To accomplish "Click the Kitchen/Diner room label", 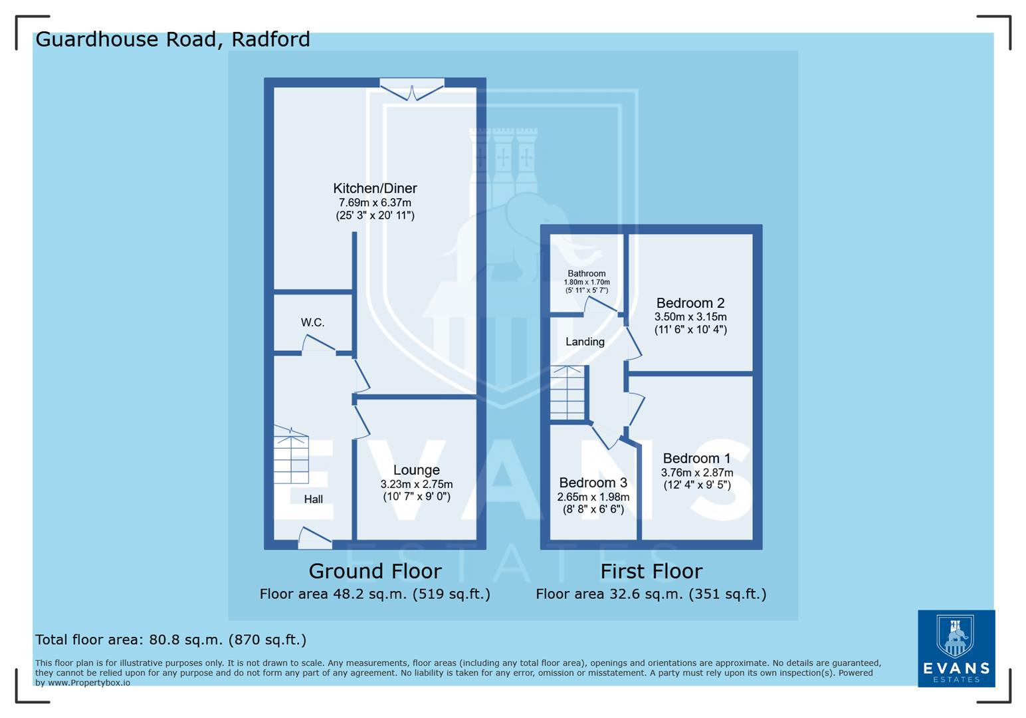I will [375, 189].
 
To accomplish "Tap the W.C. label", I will [312, 322].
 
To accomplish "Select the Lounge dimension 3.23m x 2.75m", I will [416, 484].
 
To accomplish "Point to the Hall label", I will [313, 499].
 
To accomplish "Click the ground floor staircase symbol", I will [291, 457].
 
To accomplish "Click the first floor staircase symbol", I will [567, 393].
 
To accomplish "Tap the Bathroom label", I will [586, 273].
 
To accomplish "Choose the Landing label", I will [585, 342].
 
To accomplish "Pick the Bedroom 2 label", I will [690, 303].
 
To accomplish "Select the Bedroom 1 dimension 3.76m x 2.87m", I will [696, 473].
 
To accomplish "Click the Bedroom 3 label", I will [593, 483].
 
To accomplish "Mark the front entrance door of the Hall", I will [315, 537].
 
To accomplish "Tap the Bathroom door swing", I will [599, 305].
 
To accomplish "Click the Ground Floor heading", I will [375, 571].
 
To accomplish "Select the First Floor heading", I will [651, 571].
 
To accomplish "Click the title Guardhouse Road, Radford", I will [173, 39].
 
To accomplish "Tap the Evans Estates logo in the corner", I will [956, 648].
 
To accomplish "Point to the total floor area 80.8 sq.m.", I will [171, 640].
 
